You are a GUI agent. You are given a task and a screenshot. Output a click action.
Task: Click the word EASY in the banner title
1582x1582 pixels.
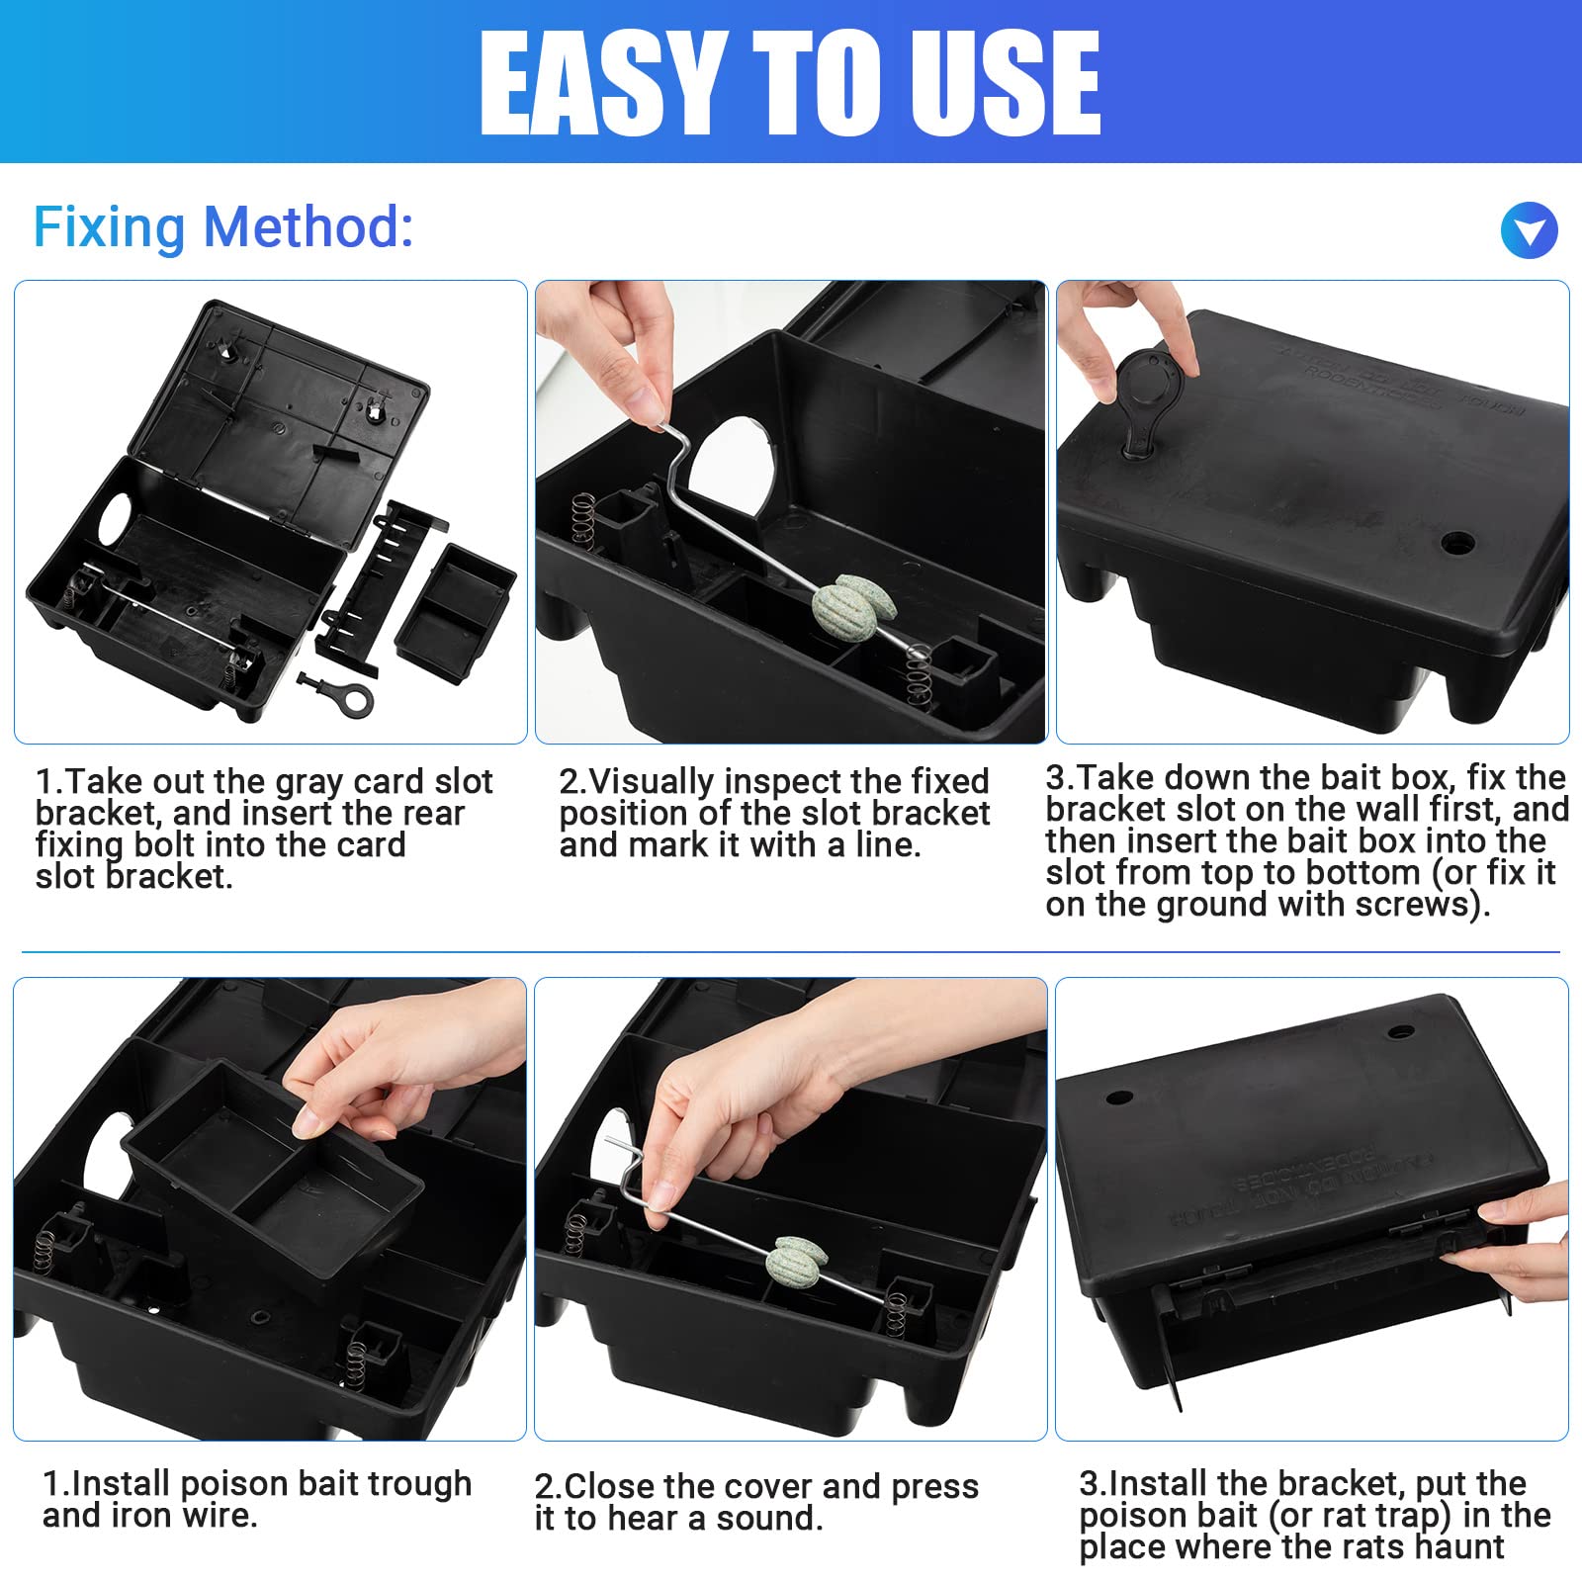[602, 83]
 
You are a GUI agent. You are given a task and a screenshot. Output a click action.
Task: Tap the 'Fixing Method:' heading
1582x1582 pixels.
[223, 227]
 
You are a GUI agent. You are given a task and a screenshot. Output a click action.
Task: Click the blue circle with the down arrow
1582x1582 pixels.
[1529, 230]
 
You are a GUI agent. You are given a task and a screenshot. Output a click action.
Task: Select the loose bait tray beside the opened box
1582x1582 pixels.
[455, 612]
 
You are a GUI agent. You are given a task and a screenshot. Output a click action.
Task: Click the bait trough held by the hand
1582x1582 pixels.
[272, 1172]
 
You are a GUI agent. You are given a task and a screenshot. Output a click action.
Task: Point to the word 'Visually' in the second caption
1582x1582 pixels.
[651, 782]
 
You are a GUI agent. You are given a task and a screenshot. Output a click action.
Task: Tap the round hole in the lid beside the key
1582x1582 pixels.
[1457, 542]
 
